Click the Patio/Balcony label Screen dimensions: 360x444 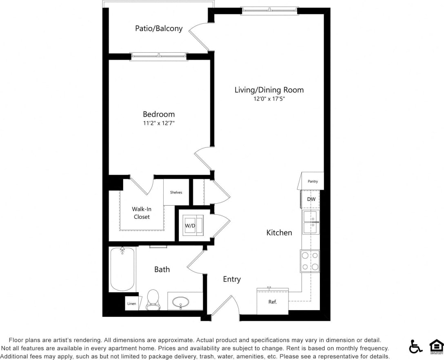pyautogui.click(x=159, y=29)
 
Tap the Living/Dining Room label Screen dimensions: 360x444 pyautogui.click(x=269, y=90)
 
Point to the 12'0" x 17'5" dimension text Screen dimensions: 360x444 pyautogui.click(x=269, y=99)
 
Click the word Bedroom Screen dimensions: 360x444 pyautogui.click(x=159, y=114)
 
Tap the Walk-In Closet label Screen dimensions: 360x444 pyautogui.click(x=142, y=213)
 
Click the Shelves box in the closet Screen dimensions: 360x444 pyautogui.click(x=176, y=192)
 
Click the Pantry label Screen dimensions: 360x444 pyautogui.click(x=313, y=181)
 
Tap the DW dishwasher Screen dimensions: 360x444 pyautogui.click(x=311, y=199)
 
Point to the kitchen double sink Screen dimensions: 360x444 pyautogui.click(x=311, y=222)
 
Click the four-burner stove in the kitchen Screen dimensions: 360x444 pyautogui.click(x=310, y=261)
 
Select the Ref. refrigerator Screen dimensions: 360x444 pyautogui.click(x=273, y=302)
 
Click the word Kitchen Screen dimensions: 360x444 pyautogui.click(x=279, y=233)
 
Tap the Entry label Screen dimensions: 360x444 pyautogui.click(x=232, y=279)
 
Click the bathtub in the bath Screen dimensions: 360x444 pyautogui.click(x=122, y=269)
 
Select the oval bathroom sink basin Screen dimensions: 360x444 pyautogui.click(x=181, y=302)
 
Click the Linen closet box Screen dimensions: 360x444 pyautogui.click(x=131, y=304)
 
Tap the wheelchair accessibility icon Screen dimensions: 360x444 pyautogui.click(x=416, y=346)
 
